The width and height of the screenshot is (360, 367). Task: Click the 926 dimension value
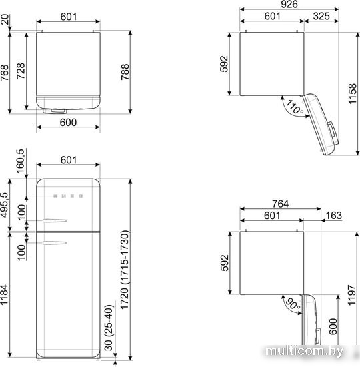289,4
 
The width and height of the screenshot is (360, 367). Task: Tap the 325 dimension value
321,16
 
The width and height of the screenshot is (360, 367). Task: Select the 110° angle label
295,107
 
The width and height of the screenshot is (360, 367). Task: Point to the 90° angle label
293,304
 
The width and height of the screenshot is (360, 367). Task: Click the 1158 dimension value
352,94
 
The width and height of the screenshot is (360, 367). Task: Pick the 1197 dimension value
352,295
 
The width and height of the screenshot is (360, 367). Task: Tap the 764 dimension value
280,204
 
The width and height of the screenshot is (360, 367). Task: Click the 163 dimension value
333,216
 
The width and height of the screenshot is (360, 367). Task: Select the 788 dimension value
125,72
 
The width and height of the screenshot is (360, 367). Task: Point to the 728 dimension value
21,71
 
